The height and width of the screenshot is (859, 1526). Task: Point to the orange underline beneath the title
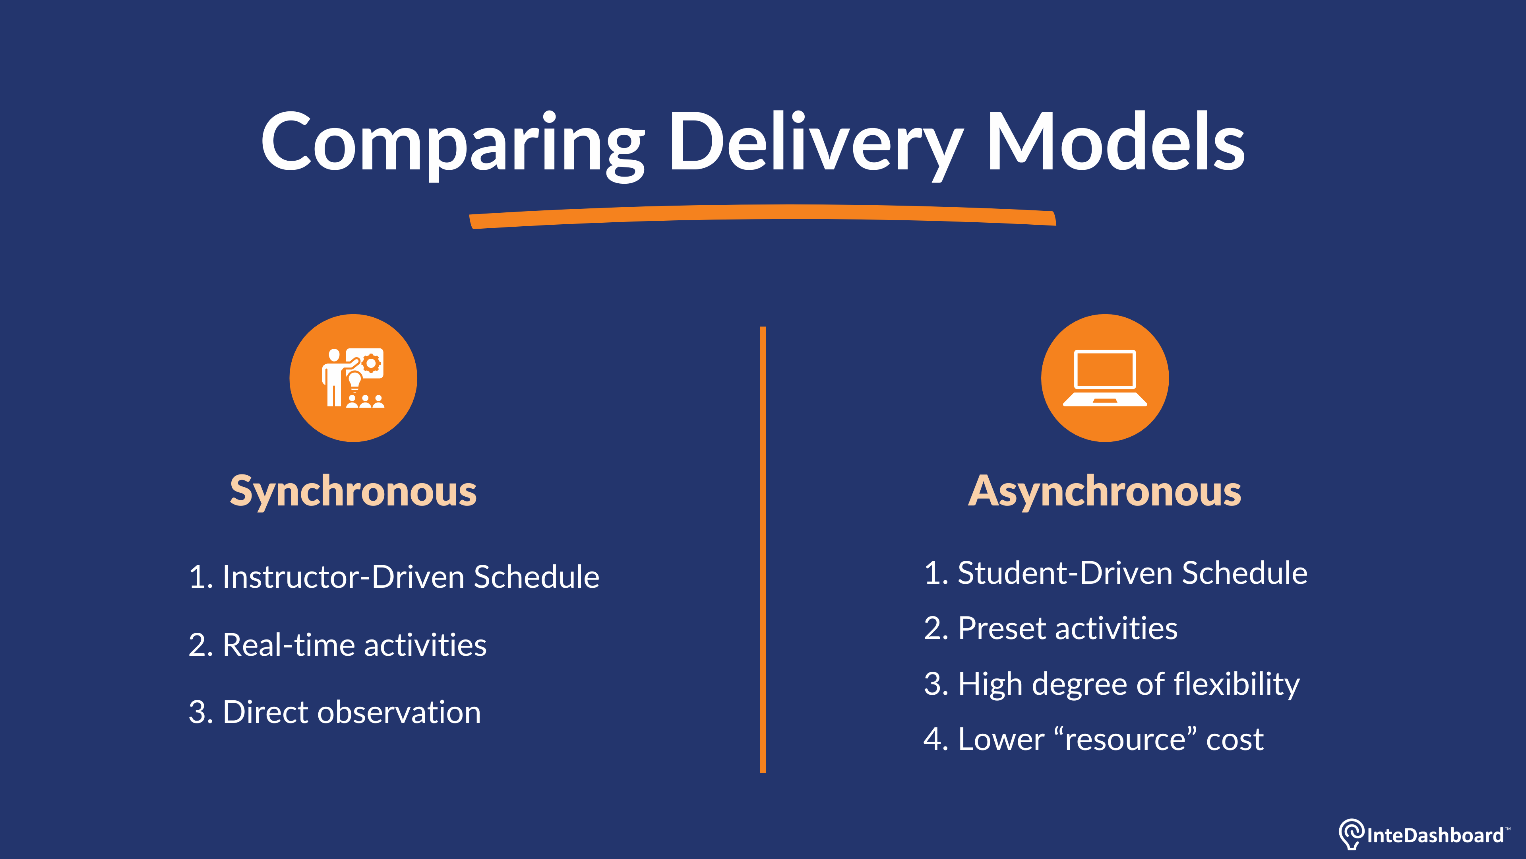tap(763, 215)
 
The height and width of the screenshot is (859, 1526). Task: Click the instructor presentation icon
tap(353, 378)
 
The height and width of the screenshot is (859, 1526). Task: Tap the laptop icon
tap(1105, 378)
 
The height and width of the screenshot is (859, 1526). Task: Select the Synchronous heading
tap(353, 492)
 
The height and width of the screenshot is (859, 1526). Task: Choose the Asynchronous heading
tap(1104, 492)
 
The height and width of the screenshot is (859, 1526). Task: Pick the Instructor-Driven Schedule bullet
tap(394, 577)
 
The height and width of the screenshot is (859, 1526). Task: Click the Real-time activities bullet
tap(338, 645)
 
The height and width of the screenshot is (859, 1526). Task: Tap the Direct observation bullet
tap(335, 712)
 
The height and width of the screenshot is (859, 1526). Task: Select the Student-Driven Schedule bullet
tap(1115, 573)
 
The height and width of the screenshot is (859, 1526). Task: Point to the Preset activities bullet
tap(1050, 628)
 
